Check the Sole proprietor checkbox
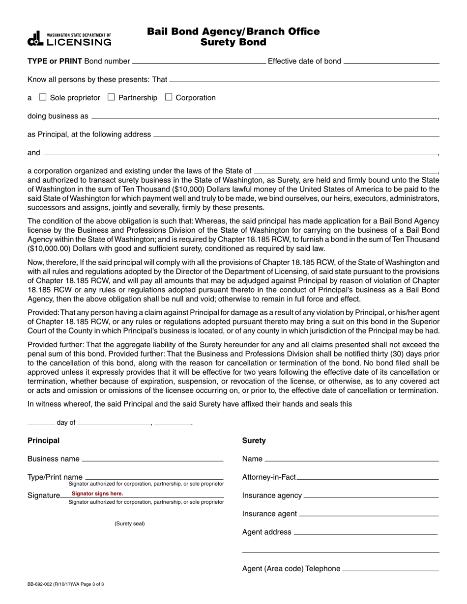[x=43, y=97]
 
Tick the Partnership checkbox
[x=111, y=97]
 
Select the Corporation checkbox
[x=169, y=97]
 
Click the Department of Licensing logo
[x=69, y=39]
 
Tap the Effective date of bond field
[x=391, y=62]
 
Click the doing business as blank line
[x=264, y=117]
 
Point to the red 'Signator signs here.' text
[x=97, y=494]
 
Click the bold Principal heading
[x=43, y=440]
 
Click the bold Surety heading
[x=254, y=440]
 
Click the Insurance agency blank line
[x=371, y=496]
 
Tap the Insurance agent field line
[x=369, y=514]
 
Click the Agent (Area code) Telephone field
[x=390, y=569]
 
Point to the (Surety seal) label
[x=130, y=523]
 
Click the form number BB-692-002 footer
[x=65, y=584]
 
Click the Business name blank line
[x=152, y=460]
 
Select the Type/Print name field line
[x=154, y=477]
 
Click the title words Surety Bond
[x=233, y=42]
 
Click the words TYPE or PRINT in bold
[x=55, y=61]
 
